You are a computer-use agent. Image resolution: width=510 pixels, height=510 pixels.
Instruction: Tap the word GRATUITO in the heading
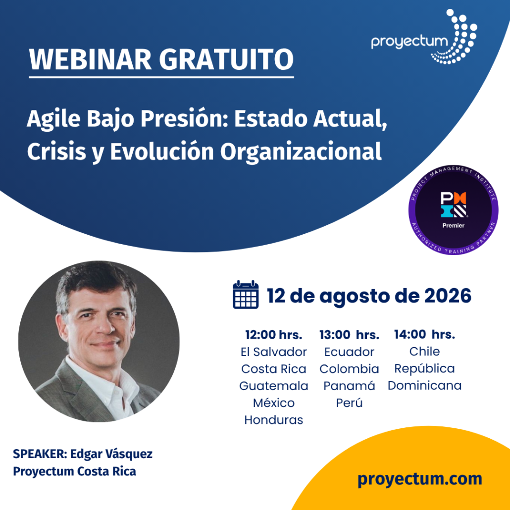click(226, 59)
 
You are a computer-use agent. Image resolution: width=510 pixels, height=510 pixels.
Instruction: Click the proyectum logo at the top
click(424, 37)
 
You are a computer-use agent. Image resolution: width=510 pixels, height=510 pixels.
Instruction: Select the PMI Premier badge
click(454, 210)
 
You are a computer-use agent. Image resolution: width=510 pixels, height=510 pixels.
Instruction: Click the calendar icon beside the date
click(246, 295)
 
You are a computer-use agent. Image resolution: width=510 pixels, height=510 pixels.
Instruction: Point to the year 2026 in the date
click(448, 296)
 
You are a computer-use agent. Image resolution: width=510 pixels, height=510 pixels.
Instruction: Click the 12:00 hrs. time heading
click(273, 335)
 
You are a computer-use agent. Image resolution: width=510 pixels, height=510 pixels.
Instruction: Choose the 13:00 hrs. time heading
click(349, 335)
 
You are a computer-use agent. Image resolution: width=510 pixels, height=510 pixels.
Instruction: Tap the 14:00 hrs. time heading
click(424, 334)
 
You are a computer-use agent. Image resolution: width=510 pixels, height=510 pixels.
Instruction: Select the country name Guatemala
click(273, 386)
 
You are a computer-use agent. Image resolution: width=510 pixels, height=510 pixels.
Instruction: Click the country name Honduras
click(273, 420)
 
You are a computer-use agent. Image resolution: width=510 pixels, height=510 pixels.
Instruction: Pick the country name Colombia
click(349, 369)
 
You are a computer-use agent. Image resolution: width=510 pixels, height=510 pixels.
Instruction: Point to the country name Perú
click(349, 403)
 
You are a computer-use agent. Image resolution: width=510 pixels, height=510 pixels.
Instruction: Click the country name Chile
click(424, 352)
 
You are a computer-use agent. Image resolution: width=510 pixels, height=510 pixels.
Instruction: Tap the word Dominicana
click(424, 385)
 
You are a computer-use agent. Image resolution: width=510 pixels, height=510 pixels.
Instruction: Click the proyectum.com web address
click(419, 479)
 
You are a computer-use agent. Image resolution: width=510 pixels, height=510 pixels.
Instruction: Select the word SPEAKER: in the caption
click(40, 454)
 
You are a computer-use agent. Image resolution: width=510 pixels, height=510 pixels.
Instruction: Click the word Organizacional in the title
click(301, 152)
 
